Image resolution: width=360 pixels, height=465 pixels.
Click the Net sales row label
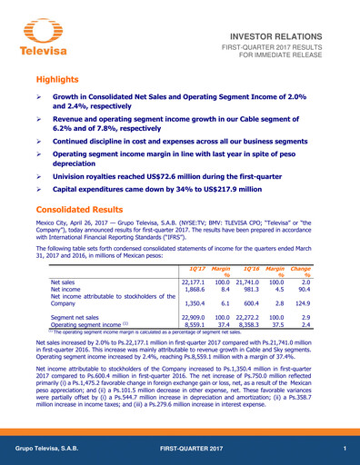tap(64, 284)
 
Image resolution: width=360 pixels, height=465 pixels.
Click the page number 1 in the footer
tap(345, 451)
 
